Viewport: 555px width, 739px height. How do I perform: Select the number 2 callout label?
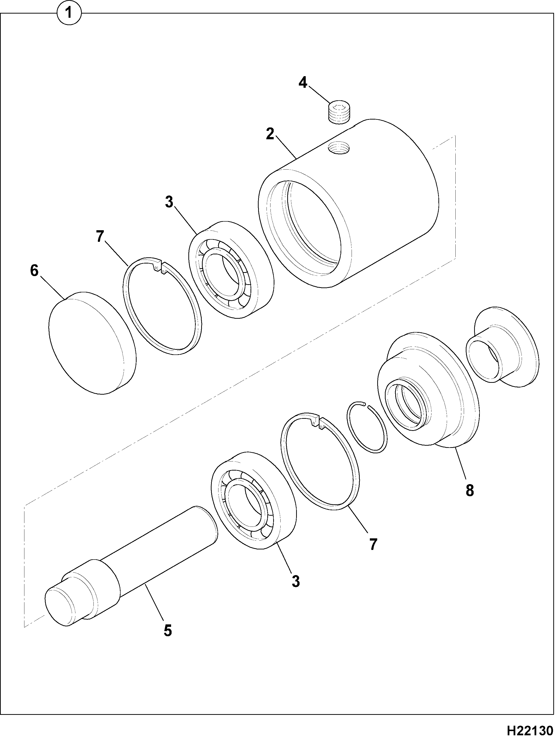tap(270, 134)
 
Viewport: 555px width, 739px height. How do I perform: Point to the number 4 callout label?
tap(303, 82)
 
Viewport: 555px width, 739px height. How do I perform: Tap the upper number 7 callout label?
tap(100, 237)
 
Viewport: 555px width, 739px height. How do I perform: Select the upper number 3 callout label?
tap(169, 202)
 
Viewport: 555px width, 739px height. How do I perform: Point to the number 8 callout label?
tap(470, 490)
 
